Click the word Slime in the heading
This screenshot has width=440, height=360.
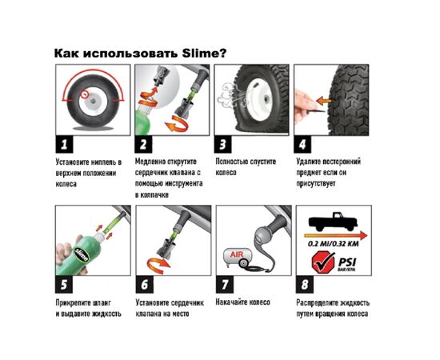tap(200, 53)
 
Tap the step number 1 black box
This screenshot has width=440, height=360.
tap(64, 145)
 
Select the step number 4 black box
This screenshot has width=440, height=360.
tap(302, 145)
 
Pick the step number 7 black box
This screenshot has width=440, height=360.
tap(225, 285)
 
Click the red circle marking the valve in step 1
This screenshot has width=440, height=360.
tap(83, 95)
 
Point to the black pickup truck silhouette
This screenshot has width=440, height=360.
tap(333, 221)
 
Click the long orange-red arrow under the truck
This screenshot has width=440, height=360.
tap(336, 235)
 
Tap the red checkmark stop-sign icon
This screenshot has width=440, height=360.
tap(323, 262)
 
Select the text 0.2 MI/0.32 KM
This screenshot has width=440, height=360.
tap(333, 244)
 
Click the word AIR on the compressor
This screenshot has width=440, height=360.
tap(237, 254)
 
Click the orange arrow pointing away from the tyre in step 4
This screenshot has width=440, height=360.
tap(323, 100)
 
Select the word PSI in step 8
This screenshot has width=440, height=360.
tap(347, 262)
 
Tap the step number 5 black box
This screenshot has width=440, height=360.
tap(64, 285)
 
